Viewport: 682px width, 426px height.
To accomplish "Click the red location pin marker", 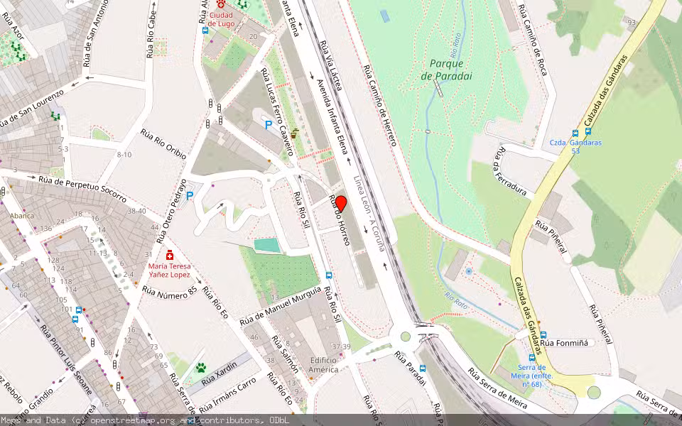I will click(340, 204).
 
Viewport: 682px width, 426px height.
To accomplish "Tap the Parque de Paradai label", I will click(446, 70).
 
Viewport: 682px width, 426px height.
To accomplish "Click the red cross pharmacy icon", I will click(170, 255).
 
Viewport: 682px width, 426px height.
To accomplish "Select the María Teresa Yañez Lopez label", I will click(169, 271).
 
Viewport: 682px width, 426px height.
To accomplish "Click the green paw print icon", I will click(201, 368).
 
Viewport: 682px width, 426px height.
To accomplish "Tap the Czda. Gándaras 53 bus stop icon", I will click(576, 132).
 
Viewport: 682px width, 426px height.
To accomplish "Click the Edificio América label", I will click(328, 365).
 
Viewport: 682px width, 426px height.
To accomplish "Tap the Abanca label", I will click(21, 215).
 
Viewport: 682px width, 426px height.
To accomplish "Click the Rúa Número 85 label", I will click(169, 290).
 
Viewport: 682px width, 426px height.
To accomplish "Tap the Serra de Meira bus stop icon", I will click(532, 358).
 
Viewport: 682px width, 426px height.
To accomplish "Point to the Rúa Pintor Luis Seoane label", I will click(66, 359).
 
